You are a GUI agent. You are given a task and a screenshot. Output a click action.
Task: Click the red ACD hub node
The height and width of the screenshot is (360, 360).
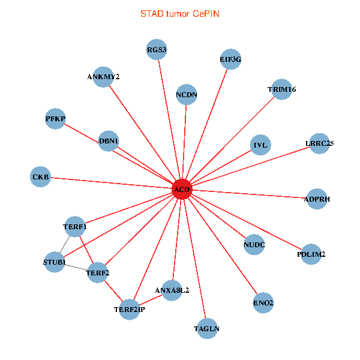(x=182, y=190)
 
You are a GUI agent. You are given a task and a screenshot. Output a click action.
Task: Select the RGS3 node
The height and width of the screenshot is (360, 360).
(x=157, y=49)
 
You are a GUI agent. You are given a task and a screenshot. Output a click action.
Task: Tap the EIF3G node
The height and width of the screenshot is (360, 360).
(x=230, y=59)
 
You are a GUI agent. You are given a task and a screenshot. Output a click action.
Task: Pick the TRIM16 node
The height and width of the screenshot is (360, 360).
(x=281, y=89)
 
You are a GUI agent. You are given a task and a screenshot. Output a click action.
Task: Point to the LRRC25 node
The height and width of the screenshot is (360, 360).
(x=319, y=143)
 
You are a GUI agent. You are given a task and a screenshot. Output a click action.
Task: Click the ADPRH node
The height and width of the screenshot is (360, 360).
(x=316, y=199)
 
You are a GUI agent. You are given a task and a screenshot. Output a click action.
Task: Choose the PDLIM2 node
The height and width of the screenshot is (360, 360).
(x=311, y=254)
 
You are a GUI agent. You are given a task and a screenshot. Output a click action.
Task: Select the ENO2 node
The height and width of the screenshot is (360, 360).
(x=263, y=303)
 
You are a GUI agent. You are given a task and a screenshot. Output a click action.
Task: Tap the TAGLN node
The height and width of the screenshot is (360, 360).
(x=207, y=328)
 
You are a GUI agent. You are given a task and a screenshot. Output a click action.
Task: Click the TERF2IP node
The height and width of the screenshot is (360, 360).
(x=130, y=309)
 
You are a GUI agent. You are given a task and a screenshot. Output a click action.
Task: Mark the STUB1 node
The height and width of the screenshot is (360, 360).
(x=54, y=262)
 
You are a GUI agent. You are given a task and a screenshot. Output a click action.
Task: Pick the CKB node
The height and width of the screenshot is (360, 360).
(x=41, y=177)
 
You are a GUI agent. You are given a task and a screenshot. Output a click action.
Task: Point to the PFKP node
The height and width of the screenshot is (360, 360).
(x=55, y=118)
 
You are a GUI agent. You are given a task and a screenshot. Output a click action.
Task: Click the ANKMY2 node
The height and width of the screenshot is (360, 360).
(x=103, y=77)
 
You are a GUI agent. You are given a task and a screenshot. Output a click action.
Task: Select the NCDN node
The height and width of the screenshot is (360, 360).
(x=187, y=95)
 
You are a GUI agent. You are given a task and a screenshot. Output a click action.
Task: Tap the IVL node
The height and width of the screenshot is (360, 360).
(x=260, y=145)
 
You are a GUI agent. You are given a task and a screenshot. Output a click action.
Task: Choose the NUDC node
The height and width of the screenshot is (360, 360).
(x=254, y=244)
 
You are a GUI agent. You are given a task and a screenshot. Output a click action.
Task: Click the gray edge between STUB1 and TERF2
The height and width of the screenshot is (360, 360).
(x=76, y=268)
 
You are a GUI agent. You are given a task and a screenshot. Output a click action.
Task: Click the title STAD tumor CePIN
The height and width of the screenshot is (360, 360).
(x=180, y=13)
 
